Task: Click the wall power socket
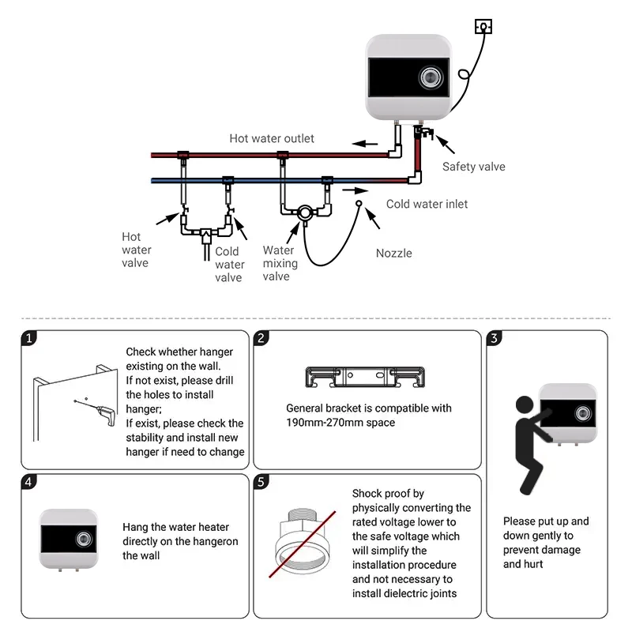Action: [x=483, y=27]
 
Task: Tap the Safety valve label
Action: [x=473, y=167]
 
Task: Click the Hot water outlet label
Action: [x=272, y=138]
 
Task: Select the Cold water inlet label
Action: [x=427, y=204]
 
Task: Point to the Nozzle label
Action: [x=393, y=254]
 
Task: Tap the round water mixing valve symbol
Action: [x=303, y=213]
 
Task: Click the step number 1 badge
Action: [x=29, y=339]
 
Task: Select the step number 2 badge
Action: [x=262, y=339]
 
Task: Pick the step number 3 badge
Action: [x=495, y=339]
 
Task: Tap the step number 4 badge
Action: [x=29, y=482]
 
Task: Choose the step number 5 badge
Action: [x=262, y=482]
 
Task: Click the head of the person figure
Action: [x=524, y=406]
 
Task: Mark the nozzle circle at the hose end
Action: [x=359, y=204]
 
